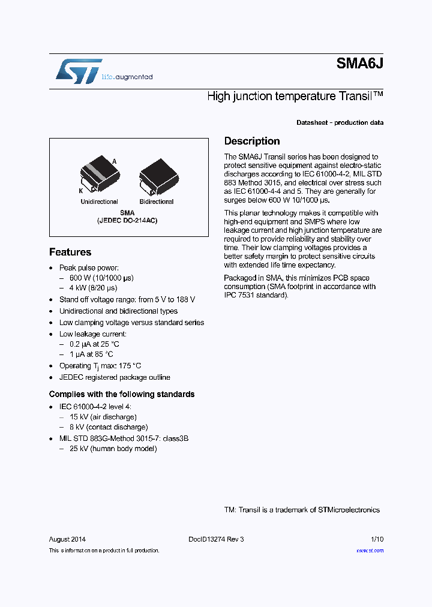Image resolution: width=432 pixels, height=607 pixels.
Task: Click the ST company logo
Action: point(79,71)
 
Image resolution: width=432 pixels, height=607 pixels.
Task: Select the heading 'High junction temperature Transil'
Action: point(295,96)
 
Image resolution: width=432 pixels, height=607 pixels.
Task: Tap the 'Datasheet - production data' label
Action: point(340,122)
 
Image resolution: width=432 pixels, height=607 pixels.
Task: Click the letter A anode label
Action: point(115,161)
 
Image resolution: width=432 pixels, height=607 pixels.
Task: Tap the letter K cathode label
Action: point(80,190)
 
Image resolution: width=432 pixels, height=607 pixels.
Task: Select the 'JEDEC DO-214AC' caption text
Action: point(127,221)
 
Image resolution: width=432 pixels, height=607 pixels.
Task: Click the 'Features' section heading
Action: point(70,252)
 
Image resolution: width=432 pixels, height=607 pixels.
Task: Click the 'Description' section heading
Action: point(252,141)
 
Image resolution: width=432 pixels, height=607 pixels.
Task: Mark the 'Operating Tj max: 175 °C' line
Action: point(100,366)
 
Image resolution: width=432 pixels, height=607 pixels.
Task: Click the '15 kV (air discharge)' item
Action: point(103,416)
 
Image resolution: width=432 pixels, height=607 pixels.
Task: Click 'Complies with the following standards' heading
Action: point(122,394)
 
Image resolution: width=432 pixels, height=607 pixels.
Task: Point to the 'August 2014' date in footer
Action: point(67,539)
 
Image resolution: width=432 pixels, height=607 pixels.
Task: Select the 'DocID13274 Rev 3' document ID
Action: point(216,539)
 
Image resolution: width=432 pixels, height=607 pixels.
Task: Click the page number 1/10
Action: point(377,539)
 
